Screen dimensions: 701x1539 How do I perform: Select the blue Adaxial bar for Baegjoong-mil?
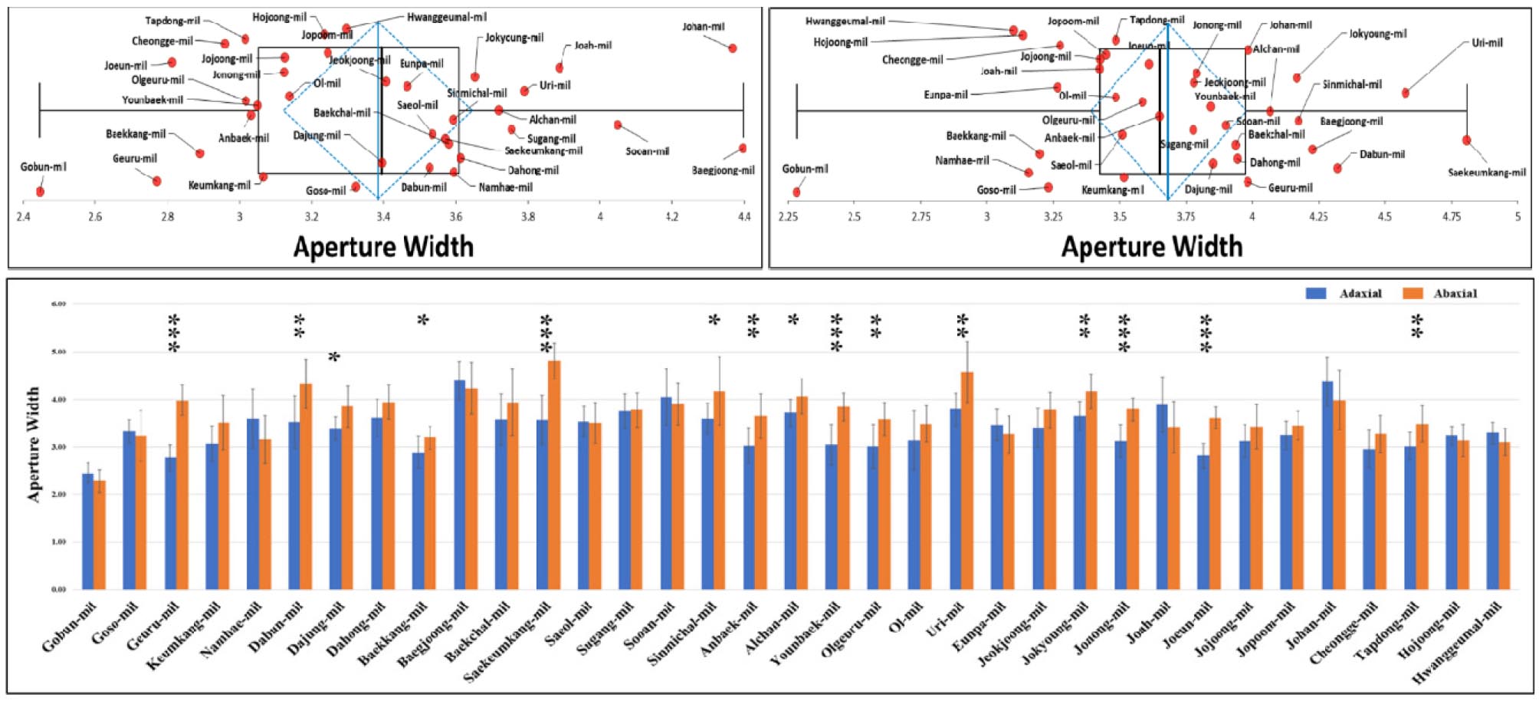[460, 484]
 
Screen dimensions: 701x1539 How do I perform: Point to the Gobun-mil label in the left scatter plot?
[43, 166]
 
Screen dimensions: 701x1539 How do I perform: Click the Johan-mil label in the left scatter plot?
[703, 27]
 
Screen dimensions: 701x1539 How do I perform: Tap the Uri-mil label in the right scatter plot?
[1487, 43]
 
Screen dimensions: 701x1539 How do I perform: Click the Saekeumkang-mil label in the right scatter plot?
[1486, 173]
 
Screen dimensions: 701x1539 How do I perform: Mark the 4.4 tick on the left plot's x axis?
[743, 217]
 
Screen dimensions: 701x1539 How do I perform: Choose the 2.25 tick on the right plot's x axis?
[788, 217]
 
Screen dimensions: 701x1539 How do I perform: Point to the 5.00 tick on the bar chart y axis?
[58, 352]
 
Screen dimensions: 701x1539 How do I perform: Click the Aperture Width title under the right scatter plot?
[1151, 246]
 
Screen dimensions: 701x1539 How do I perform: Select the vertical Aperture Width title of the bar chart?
[33, 444]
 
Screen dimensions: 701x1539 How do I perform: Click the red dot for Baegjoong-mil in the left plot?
[742, 148]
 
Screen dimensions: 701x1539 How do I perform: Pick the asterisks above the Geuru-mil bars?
[174, 334]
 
